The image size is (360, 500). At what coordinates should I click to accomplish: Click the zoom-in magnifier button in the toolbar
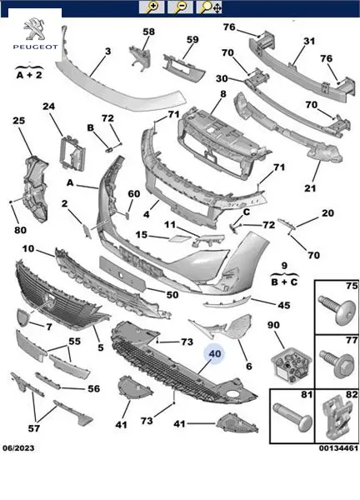[152, 7]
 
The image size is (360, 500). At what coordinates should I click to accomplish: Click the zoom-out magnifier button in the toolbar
[180, 7]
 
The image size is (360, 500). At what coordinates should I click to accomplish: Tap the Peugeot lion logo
[35, 29]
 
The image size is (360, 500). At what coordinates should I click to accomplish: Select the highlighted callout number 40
[215, 353]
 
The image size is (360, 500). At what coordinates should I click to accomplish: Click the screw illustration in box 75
[337, 310]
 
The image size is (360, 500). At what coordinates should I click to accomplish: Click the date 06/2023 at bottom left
[18, 448]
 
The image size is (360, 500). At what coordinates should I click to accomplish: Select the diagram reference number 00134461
[338, 448]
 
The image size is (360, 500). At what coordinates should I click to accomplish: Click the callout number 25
[19, 121]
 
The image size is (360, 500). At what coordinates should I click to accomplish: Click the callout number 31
[309, 41]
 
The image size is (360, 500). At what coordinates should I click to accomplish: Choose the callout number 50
[172, 294]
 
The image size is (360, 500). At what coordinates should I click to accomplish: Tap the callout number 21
[310, 188]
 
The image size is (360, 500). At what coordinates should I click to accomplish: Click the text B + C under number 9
[284, 282]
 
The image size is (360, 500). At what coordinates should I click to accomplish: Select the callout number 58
[148, 32]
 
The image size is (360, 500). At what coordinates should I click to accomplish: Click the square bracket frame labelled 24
[72, 153]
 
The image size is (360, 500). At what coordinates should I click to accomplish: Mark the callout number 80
[20, 230]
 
